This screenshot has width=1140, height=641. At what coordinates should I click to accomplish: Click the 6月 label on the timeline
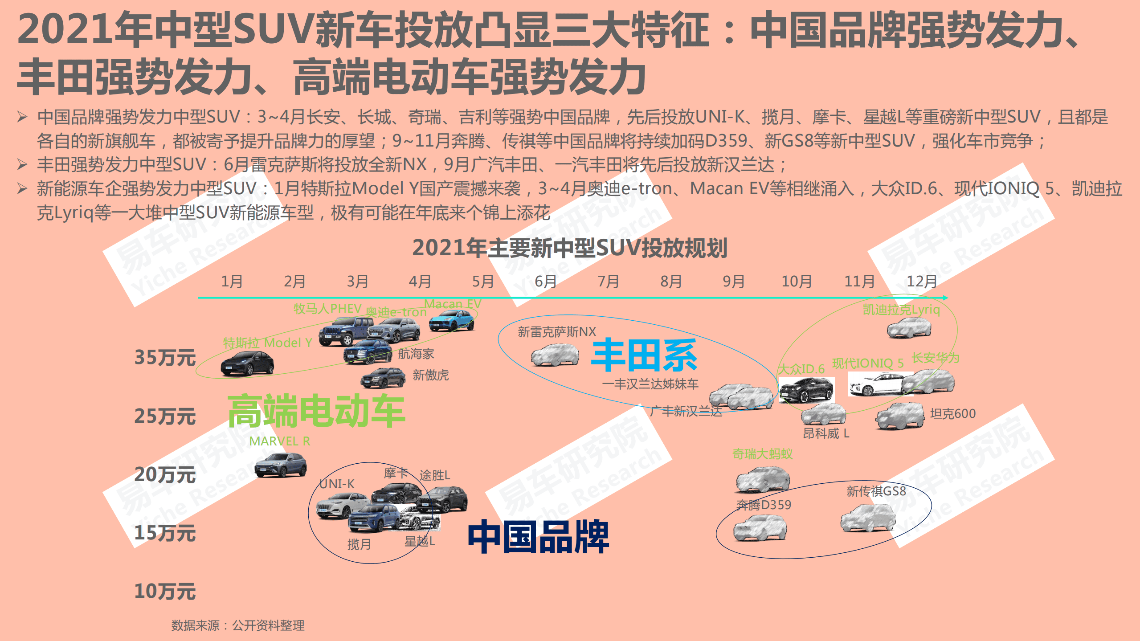[x=545, y=282]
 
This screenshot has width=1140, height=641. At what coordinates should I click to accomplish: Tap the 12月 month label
[x=921, y=282]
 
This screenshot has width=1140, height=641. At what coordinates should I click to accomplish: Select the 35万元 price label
[x=165, y=358]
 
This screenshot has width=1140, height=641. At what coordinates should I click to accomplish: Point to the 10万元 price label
[x=165, y=592]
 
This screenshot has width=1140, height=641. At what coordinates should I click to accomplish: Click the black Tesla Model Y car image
[x=247, y=363]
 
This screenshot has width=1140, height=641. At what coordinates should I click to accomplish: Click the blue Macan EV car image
[x=451, y=321]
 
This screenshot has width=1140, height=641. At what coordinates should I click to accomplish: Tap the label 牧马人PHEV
[x=327, y=308]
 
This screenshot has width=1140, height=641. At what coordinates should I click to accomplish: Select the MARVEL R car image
[x=280, y=465]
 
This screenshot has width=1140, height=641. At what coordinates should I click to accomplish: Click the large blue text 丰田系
[x=644, y=355]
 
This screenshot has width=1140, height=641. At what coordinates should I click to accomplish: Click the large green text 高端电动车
[x=316, y=411]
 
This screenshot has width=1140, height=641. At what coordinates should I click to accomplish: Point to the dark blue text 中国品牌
[x=538, y=537]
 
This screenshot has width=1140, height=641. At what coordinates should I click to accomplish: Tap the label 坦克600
[x=952, y=414]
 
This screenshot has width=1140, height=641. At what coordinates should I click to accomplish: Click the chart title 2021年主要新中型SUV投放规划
[x=569, y=248]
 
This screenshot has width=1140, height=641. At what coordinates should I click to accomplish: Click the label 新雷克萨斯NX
[x=556, y=332]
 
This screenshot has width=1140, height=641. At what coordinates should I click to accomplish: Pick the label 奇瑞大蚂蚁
[x=762, y=454]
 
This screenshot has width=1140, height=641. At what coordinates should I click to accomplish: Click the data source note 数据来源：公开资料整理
[x=238, y=625]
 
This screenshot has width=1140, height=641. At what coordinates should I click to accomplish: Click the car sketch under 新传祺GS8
[x=867, y=518]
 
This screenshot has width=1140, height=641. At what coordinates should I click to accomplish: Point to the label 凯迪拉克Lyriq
[x=901, y=310]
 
